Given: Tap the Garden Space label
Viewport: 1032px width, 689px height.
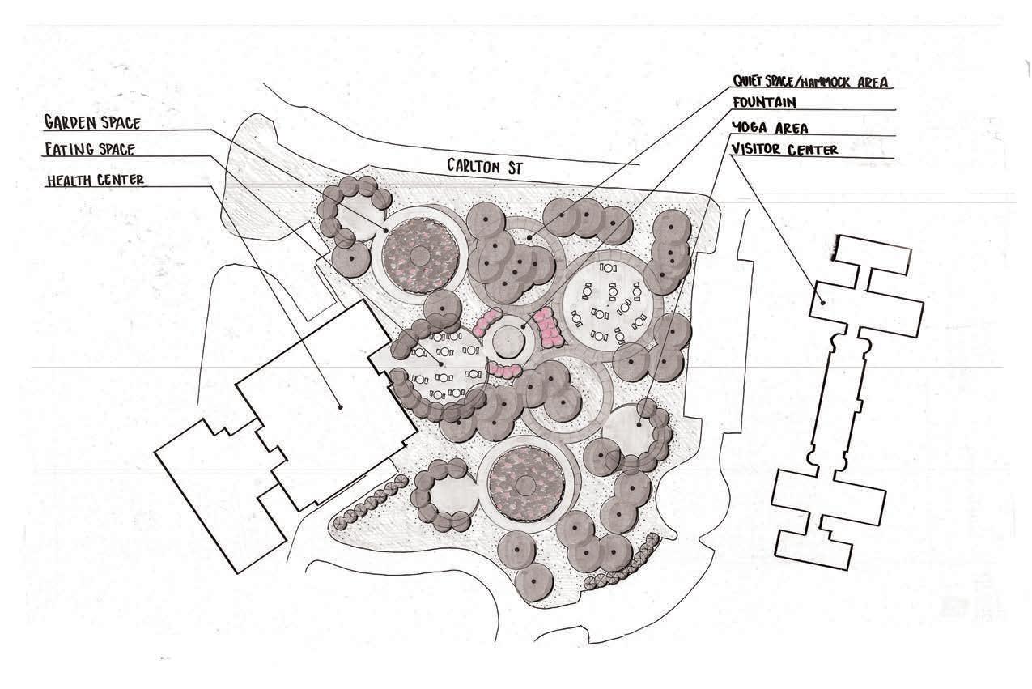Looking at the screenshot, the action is click(92, 123).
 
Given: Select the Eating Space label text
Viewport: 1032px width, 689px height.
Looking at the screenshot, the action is click(90, 150).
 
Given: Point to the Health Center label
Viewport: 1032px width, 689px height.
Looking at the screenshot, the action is click(96, 180).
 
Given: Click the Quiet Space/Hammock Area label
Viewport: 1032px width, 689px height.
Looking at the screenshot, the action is click(812, 82).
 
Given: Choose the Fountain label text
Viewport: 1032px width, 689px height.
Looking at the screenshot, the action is click(764, 103).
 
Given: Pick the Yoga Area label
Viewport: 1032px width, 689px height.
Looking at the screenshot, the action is click(769, 128).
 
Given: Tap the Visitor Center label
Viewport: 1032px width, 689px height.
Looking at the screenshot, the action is click(784, 150).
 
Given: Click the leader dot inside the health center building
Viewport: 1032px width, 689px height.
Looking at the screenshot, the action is click(341, 406).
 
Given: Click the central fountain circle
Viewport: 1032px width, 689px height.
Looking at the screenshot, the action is click(508, 343).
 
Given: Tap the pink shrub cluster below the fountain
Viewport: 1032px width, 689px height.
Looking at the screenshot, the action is click(505, 371).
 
